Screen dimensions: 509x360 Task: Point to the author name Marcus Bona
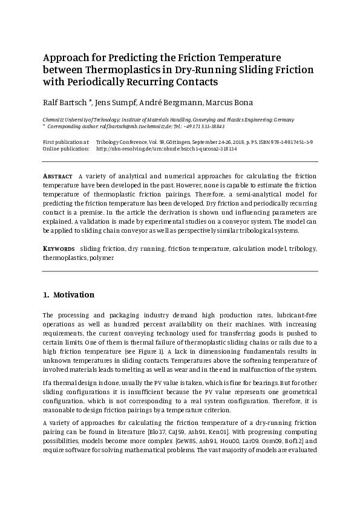point(233,102)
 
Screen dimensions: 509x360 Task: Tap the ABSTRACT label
point(59,176)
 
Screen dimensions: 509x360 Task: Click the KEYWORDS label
point(59,248)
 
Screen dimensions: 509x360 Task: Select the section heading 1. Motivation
point(68,295)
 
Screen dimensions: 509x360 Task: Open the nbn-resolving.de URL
point(166,148)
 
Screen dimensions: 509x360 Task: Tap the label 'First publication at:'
point(66,141)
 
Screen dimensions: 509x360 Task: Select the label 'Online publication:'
point(65,148)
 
